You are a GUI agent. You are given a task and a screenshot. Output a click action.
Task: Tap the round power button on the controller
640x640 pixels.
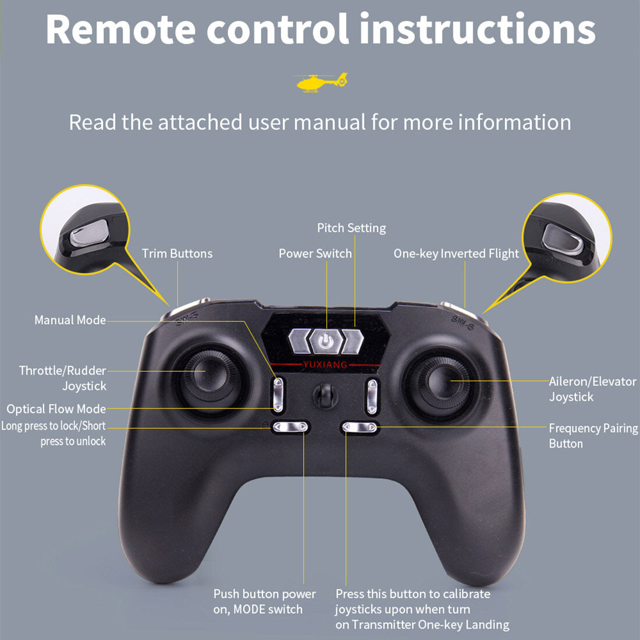click(x=326, y=341)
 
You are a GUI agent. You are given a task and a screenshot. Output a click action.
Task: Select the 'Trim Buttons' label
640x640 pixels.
click(x=177, y=254)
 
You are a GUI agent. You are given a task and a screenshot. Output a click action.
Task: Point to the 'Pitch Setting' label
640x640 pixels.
click(x=351, y=228)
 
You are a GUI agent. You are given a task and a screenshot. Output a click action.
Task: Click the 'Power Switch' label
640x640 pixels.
click(x=315, y=254)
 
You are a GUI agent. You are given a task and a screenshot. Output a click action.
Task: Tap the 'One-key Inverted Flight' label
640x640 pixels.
click(x=456, y=254)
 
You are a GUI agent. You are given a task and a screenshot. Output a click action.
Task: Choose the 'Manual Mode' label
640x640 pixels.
click(x=70, y=320)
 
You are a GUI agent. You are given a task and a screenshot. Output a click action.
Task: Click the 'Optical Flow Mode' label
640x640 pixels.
click(x=56, y=409)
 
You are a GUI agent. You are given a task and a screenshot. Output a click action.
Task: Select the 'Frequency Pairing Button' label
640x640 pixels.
click(x=592, y=436)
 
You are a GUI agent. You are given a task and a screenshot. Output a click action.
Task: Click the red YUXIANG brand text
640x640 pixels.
click(x=325, y=365)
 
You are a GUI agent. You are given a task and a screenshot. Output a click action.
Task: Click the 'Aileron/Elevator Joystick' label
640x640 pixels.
click(x=592, y=389)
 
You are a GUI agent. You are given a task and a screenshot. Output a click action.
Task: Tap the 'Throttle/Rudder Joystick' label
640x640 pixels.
click(x=63, y=378)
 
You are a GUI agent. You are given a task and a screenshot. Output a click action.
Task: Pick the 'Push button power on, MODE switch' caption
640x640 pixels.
click(x=264, y=602)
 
